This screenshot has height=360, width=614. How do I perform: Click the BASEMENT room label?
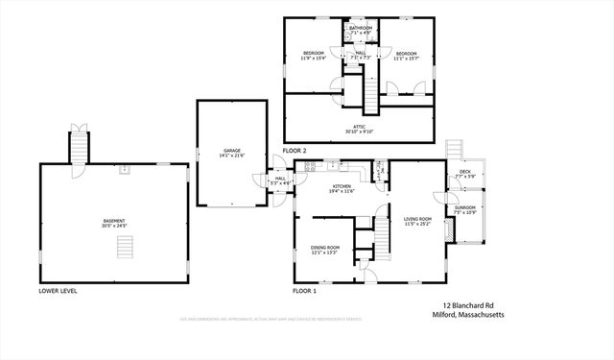[x=115, y=223]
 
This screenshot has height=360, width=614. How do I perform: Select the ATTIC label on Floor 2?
[x=359, y=128]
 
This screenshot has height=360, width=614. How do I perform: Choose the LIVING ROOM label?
[x=416, y=221]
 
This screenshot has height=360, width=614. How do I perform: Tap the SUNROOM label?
[x=465, y=209]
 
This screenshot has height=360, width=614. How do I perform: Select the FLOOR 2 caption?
[x=295, y=152]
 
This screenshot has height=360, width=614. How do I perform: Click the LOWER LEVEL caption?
[x=58, y=290]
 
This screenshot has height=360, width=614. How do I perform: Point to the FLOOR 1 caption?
[x=305, y=290]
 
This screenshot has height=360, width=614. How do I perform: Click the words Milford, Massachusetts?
[x=467, y=315]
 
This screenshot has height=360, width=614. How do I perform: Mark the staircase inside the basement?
[x=124, y=248]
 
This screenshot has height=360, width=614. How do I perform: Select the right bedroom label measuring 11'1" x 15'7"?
[x=407, y=56]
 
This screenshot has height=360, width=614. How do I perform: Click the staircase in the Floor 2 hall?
[x=368, y=93]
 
